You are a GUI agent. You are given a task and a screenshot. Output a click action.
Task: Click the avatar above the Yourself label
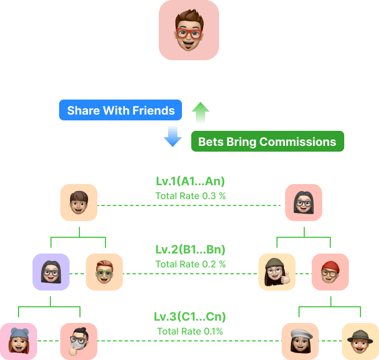(189, 30)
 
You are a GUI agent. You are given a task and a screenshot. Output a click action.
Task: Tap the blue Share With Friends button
(121, 110)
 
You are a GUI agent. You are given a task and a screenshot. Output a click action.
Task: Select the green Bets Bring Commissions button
(267, 141)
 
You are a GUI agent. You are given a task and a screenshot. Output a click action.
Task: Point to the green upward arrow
(201, 112)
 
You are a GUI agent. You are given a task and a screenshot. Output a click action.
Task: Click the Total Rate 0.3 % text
(190, 196)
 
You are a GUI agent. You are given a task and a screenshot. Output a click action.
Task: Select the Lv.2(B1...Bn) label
(190, 250)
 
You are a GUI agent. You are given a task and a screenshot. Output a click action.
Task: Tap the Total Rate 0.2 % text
(190, 264)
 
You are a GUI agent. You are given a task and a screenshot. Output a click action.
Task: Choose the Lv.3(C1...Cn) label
(190, 317)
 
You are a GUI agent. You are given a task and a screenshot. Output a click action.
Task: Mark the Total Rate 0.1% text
(190, 331)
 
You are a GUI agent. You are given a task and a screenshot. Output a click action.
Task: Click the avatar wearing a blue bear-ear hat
(18, 341)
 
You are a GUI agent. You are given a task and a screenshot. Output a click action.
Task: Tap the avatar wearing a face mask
(79, 341)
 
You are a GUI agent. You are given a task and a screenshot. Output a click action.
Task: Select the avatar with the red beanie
(330, 272)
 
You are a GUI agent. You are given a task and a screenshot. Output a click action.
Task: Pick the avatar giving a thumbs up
(276, 272)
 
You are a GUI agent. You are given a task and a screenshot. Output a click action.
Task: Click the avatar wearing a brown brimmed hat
(360, 341)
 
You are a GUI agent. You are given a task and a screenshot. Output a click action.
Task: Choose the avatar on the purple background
(51, 272)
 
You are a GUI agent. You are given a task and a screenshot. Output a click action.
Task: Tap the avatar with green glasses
(104, 272)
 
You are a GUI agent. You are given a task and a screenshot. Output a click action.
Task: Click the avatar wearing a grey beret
(300, 341)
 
